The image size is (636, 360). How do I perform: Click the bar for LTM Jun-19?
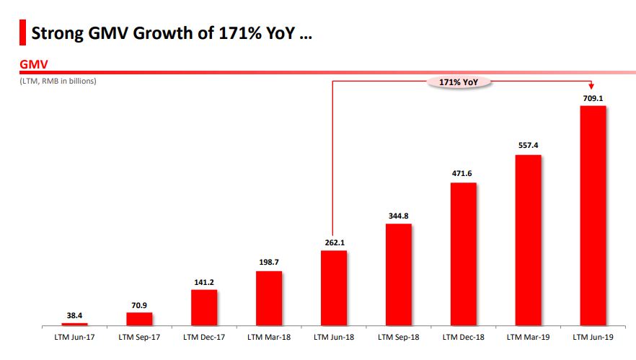click(x=593, y=216)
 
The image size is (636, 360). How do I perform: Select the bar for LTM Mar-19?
click(x=528, y=241)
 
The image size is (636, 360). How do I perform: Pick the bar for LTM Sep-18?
click(x=398, y=275)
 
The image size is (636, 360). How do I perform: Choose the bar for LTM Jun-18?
click(x=333, y=289)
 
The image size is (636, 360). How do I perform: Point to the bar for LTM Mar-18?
click(x=268, y=299)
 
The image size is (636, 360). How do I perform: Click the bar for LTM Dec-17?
click(x=204, y=308)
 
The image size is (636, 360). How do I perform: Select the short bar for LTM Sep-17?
click(x=139, y=319)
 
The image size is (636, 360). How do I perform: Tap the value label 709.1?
click(x=593, y=97)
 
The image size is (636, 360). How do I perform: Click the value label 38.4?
click(x=74, y=315)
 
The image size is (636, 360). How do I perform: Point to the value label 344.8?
click(x=398, y=215)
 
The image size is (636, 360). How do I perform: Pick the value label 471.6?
click(x=463, y=174)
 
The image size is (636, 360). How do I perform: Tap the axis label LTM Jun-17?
click(x=74, y=337)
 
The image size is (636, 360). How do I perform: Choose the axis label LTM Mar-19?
click(x=528, y=337)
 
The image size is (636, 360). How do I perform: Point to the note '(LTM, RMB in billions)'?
click(x=58, y=81)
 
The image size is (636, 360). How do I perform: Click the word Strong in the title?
click(x=60, y=32)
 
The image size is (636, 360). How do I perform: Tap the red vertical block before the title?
click(x=23, y=32)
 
